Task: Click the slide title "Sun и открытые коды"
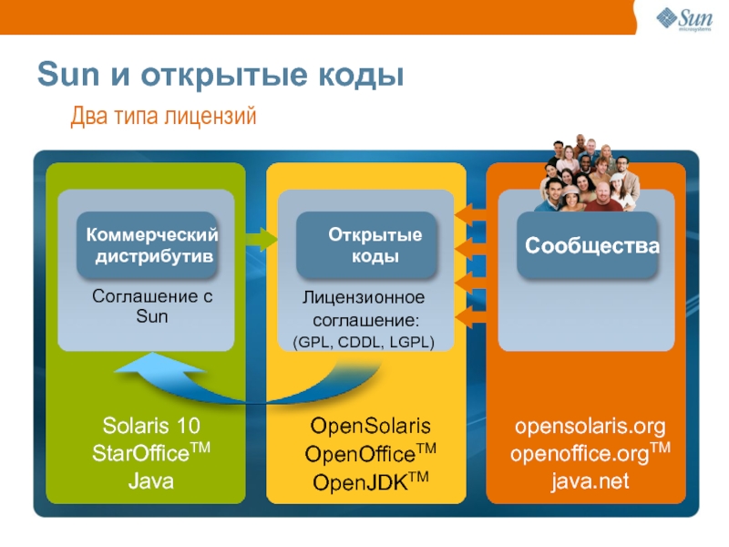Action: coord(220,76)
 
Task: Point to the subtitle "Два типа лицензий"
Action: coord(164,117)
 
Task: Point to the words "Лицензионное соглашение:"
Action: coord(364,309)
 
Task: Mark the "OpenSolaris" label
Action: coord(370,427)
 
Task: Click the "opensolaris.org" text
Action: coord(590,427)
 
